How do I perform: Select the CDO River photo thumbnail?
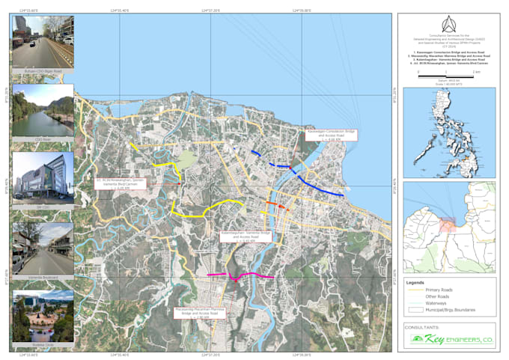pos(43,109)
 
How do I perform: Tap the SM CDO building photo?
pos(43,178)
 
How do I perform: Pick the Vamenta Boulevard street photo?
pos(43,248)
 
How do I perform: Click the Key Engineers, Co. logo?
pos(449,340)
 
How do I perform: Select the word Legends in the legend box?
pos(416,283)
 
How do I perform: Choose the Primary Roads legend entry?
pos(442,290)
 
